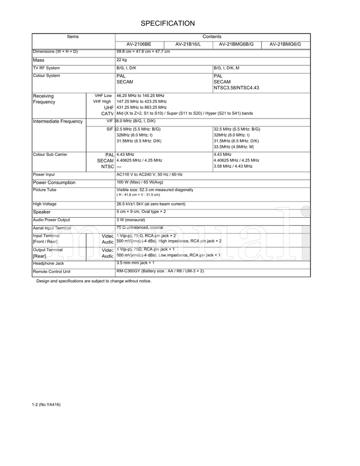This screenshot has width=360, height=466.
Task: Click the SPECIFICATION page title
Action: point(167,23)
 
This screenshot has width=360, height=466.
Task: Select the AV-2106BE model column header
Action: point(139,44)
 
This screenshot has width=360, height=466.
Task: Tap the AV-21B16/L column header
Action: point(188,44)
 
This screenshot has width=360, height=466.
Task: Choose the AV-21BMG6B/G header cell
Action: point(236,44)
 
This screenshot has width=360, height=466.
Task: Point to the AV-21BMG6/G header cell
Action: point(285,44)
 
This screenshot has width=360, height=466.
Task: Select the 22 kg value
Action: point(121,60)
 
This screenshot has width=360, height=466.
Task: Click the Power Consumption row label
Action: point(54,183)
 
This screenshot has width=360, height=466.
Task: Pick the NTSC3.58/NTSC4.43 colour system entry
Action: point(236,88)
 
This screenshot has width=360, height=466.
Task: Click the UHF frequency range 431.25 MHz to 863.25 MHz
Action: point(141,108)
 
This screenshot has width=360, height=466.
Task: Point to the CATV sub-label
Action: point(107,114)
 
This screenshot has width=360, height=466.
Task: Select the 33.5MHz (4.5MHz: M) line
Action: point(234,147)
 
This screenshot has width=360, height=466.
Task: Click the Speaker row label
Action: point(42,212)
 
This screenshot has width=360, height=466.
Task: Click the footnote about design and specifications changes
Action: point(94,281)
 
